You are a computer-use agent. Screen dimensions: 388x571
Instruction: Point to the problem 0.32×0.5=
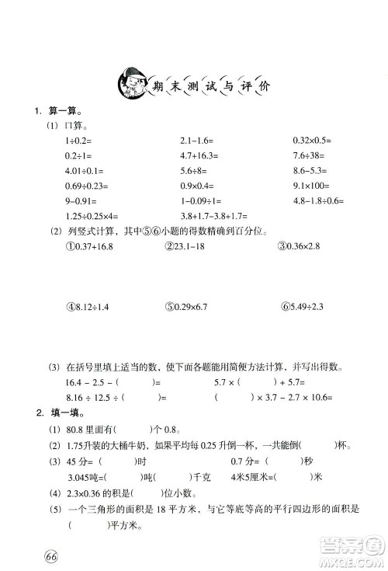312,141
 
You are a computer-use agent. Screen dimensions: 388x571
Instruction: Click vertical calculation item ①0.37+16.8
91,246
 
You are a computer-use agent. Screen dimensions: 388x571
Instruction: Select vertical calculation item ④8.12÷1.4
89,307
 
